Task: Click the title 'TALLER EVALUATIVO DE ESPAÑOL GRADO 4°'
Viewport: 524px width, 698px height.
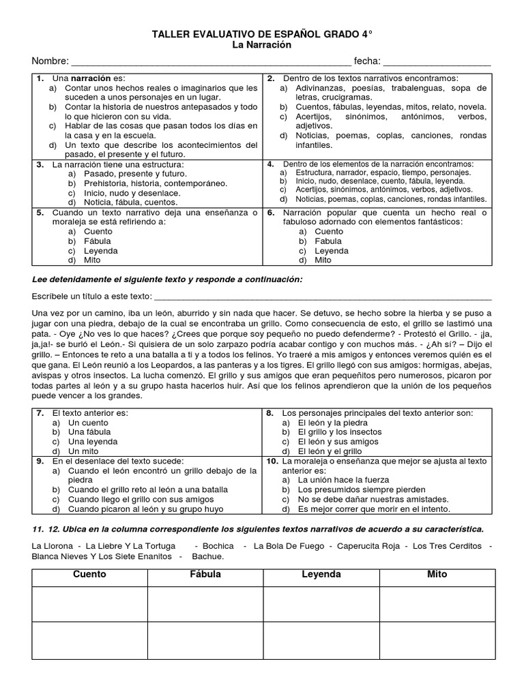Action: [x=261, y=33]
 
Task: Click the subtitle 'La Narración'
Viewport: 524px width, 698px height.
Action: [x=261, y=44]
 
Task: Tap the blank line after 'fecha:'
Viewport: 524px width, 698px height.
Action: [x=437, y=62]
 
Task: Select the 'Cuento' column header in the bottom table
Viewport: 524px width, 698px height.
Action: [x=89, y=575]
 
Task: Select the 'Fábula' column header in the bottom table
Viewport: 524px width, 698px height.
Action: [x=205, y=575]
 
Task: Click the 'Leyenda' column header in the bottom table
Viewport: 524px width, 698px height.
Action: [x=321, y=575]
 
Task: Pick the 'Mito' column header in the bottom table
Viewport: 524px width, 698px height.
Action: [x=437, y=575]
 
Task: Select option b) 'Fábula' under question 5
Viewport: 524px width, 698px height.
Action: [x=97, y=241]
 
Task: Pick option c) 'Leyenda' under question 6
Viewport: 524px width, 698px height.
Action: [x=332, y=250]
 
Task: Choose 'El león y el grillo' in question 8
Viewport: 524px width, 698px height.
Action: [x=330, y=451]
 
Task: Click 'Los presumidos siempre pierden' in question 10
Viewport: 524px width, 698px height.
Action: [x=362, y=489]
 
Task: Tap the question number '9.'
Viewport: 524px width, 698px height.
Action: [x=40, y=461]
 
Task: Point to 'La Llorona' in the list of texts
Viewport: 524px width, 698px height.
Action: [x=53, y=546]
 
